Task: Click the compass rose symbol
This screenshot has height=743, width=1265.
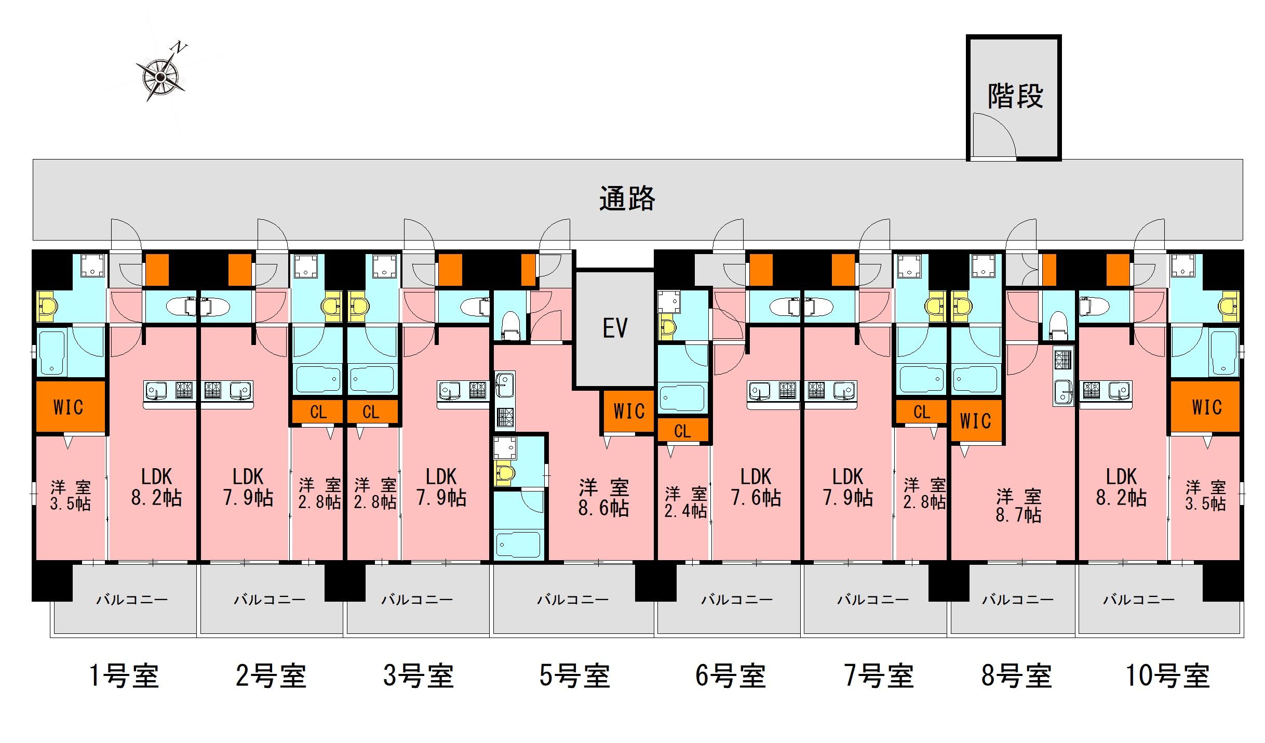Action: click(x=160, y=77)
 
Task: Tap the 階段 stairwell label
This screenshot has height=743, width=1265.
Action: click(x=1015, y=97)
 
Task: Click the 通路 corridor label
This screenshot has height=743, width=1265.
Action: click(x=627, y=198)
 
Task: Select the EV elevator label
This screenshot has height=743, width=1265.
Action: click(x=615, y=328)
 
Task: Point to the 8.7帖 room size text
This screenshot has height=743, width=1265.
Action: click(x=1018, y=515)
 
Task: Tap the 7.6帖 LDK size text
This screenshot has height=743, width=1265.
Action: click(x=756, y=498)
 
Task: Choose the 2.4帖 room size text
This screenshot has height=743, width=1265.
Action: click(x=685, y=511)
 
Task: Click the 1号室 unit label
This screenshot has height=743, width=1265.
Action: click(x=124, y=676)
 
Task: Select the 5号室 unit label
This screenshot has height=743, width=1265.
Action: click(x=574, y=676)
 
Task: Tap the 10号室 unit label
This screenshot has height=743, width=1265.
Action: click(x=1167, y=676)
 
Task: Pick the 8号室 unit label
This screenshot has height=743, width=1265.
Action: click(x=1016, y=676)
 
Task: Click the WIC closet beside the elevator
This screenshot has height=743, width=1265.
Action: click(x=628, y=412)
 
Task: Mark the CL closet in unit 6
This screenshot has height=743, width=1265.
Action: click(x=682, y=431)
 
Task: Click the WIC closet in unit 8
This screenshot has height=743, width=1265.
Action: click(x=975, y=421)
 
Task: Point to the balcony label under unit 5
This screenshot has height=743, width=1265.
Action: click(x=573, y=600)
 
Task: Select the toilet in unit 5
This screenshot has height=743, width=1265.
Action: click(x=510, y=325)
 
